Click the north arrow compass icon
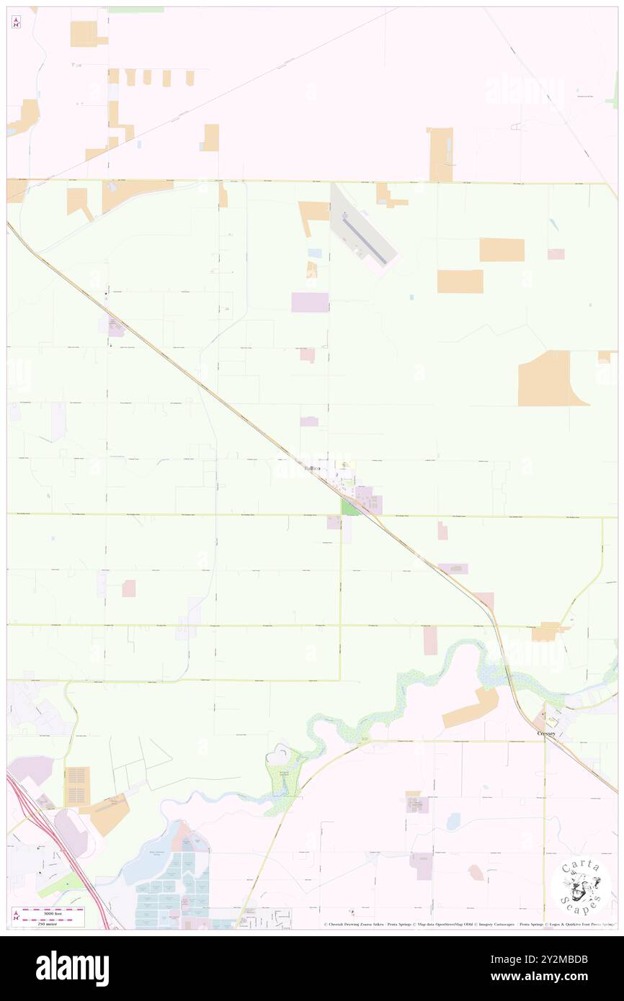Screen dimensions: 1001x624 point(16,22)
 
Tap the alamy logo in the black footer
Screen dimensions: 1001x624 point(72,968)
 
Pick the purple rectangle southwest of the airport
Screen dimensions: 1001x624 point(310,302)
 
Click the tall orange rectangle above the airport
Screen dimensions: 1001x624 point(441,154)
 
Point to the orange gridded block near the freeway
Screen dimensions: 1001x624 point(77,786)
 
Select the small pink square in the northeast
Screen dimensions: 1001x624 point(556,254)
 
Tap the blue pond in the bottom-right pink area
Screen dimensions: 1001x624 point(454,821)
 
